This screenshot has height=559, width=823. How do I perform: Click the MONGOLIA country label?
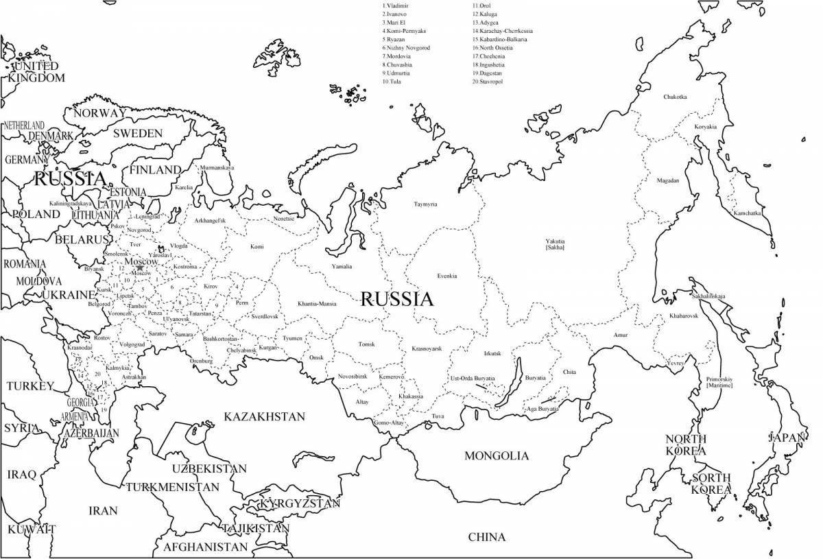497,455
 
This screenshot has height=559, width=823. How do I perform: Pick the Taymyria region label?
425,204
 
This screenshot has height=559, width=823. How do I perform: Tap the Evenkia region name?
447,276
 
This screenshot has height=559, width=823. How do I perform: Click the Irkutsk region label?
492,353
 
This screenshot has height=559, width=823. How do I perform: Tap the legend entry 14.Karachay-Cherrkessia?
502,31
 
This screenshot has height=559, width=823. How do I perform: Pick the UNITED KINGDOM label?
36,72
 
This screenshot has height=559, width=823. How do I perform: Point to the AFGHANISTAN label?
205,547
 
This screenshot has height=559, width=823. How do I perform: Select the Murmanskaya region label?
217,167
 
